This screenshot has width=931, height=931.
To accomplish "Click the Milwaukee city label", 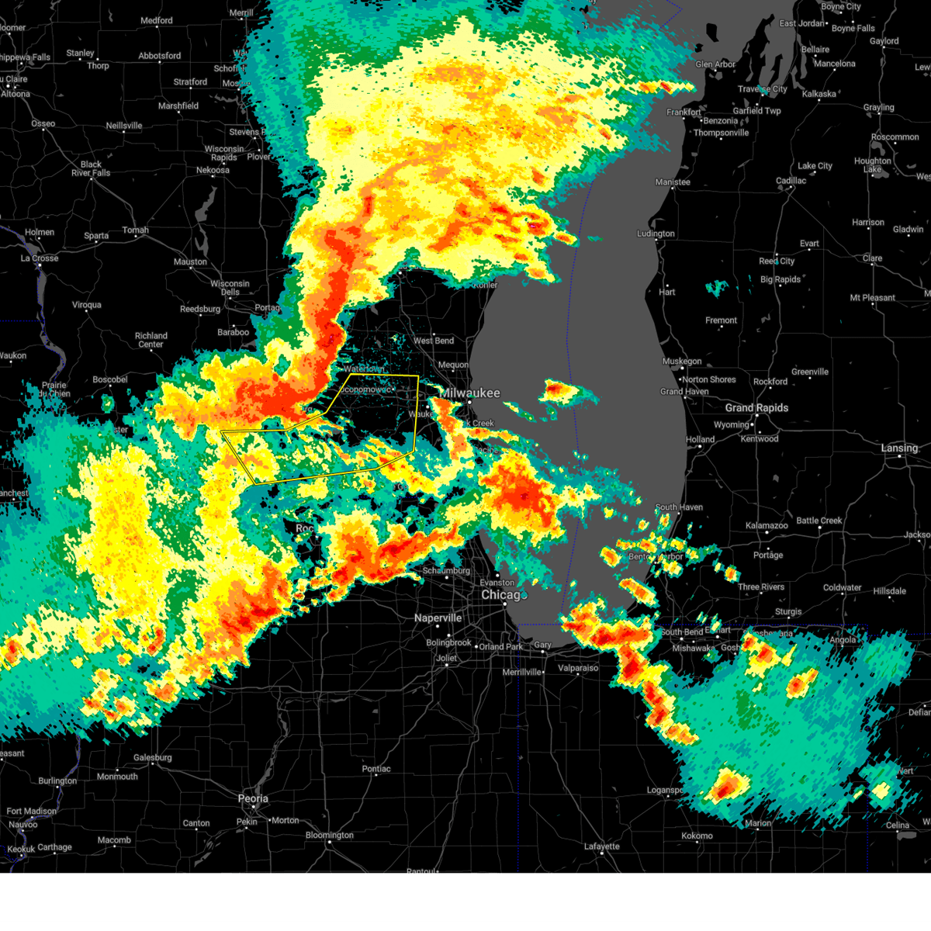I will pyautogui.click(x=472, y=393).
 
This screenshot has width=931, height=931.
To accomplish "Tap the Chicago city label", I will pyautogui.click(x=501, y=595).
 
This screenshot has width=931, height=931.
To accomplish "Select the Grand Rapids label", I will pyautogui.click(x=756, y=408).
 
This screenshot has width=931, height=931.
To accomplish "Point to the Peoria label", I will pyautogui.click(x=253, y=798).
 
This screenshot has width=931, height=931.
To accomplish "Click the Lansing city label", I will pyautogui.click(x=899, y=448).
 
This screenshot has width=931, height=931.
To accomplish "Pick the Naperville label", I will pyautogui.click(x=438, y=618).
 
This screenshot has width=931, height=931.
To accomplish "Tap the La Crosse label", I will pyautogui.click(x=40, y=258).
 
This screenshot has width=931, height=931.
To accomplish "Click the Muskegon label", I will pyautogui.click(x=681, y=362).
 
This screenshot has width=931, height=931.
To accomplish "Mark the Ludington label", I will pyautogui.click(x=656, y=234).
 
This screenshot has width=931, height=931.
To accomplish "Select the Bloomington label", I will pyautogui.click(x=329, y=836).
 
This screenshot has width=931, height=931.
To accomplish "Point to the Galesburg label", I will pyautogui.click(x=152, y=758).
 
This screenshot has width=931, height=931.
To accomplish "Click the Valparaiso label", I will pyautogui.click(x=578, y=668).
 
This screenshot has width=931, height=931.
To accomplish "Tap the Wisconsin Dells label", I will pyautogui.click(x=230, y=288).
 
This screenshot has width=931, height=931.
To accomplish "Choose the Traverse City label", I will pyautogui.click(x=763, y=89).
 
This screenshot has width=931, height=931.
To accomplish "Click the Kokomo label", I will pyautogui.click(x=697, y=836).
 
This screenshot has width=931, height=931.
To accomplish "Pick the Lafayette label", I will pyautogui.click(x=601, y=846).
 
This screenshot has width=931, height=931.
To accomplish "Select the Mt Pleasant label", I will pyautogui.click(x=872, y=298).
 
